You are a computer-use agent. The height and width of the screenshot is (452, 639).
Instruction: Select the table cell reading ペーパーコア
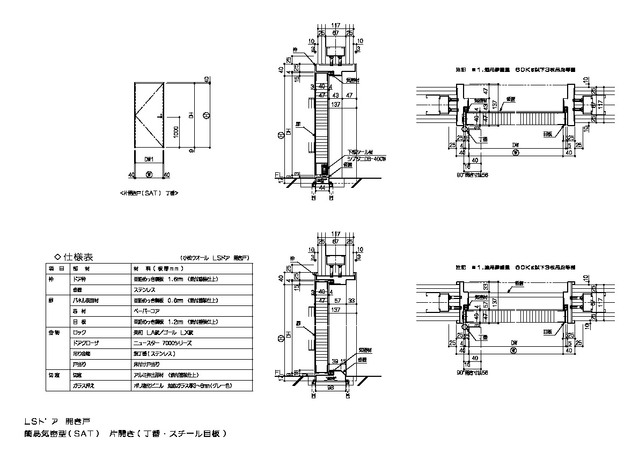(146, 311)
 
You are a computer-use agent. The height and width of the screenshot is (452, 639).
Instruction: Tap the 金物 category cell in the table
(54, 332)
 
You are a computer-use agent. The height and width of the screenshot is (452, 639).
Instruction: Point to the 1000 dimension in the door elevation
(176, 132)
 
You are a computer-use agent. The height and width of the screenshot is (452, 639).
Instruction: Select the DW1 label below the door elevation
(149, 159)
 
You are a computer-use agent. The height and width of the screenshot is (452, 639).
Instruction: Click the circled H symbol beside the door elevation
(207, 115)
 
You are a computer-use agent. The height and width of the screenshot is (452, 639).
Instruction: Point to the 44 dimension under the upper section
(322, 188)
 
